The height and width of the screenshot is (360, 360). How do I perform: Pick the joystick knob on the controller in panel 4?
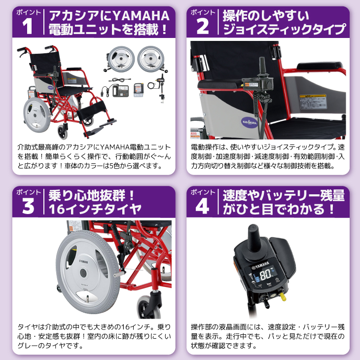tap(255, 239)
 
